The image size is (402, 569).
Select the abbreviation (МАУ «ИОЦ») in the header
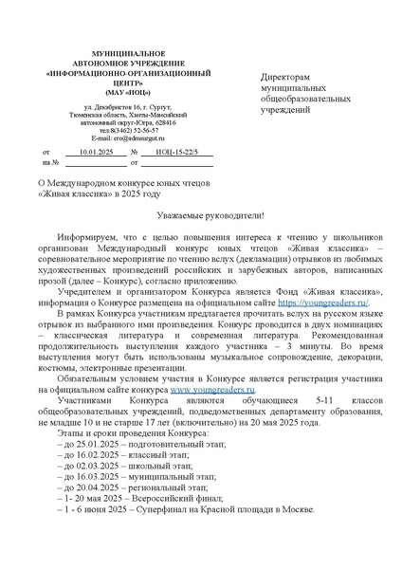point(115,94)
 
